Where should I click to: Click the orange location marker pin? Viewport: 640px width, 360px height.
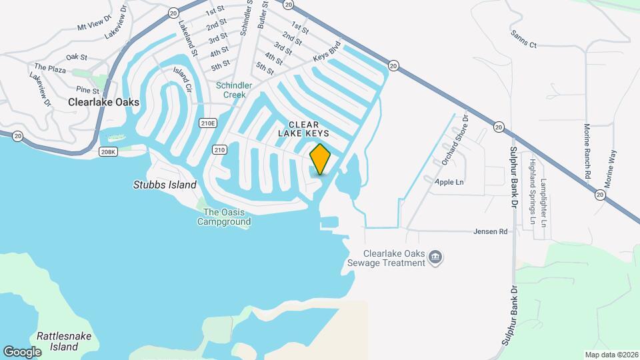(321, 159)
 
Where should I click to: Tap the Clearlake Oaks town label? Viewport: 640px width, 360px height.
(104, 102)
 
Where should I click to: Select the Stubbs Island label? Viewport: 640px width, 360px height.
(165, 185)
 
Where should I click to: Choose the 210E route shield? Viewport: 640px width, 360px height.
(208, 123)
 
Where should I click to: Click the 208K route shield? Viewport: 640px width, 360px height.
(108, 152)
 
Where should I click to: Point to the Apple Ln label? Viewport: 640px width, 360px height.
(449, 182)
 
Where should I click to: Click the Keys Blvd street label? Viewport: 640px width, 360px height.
(327, 53)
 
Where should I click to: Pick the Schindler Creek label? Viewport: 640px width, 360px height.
(234, 90)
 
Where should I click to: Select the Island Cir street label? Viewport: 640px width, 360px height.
(182, 79)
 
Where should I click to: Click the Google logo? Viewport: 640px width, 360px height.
(22, 351)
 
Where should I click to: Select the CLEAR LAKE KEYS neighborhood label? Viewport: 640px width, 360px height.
(303, 129)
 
